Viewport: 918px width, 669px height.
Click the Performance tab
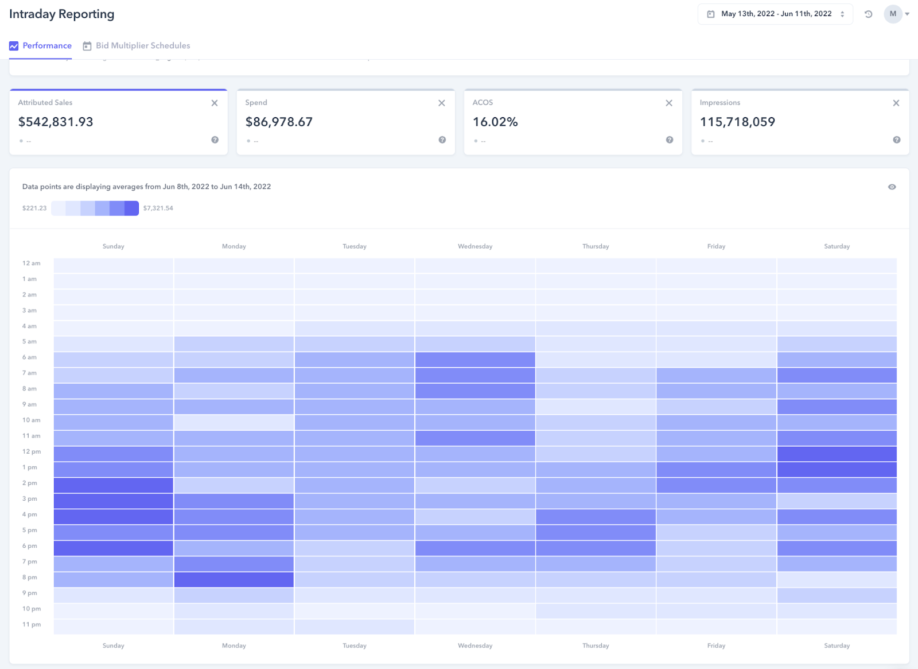pyautogui.click(x=41, y=46)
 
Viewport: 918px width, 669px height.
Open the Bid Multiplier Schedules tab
pyautogui.click(x=137, y=46)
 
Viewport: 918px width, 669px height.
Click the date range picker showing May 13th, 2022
pyautogui.click(x=775, y=14)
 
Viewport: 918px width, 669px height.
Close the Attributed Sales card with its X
pyautogui.click(x=215, y=103)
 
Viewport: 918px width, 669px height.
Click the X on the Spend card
pyautogui.click(x=442, y=103)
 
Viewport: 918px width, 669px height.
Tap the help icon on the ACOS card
pyautogui.click(x=669, y=140)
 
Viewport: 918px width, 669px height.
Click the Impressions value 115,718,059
pyautogui.click(x=737, y=122)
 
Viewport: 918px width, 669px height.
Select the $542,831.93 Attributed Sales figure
pyautogui.click(x=56, y=122)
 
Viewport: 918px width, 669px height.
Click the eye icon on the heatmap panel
pyautogui.click(x=892, y=187)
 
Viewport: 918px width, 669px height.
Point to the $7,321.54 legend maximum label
pyautogui.click(x=158, y=208)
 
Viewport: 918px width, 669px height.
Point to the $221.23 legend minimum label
pyautogui.click(x=34, y=208)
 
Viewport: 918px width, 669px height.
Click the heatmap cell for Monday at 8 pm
pyautogui.click(x=234, y=579)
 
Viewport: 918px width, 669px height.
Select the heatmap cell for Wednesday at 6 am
pyautogui.click(x=475, y=359)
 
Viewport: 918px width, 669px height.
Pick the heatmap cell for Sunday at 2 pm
pyautogui.click(x=114, y=485)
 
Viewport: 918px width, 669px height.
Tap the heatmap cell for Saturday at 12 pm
pyautogui.click(x=837, y=454)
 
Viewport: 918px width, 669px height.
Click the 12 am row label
pyautogui.click(x=32, y=264)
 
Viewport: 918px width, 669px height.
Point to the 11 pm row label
pyautogui.click(x=32, y=625)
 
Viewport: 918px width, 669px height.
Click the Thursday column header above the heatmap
pyautogui.click(x=596, y=246)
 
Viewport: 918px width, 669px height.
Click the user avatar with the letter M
pyautogui.click(x=893, y=14)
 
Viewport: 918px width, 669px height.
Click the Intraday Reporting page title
pyautogui.click(x=62, y=14)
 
